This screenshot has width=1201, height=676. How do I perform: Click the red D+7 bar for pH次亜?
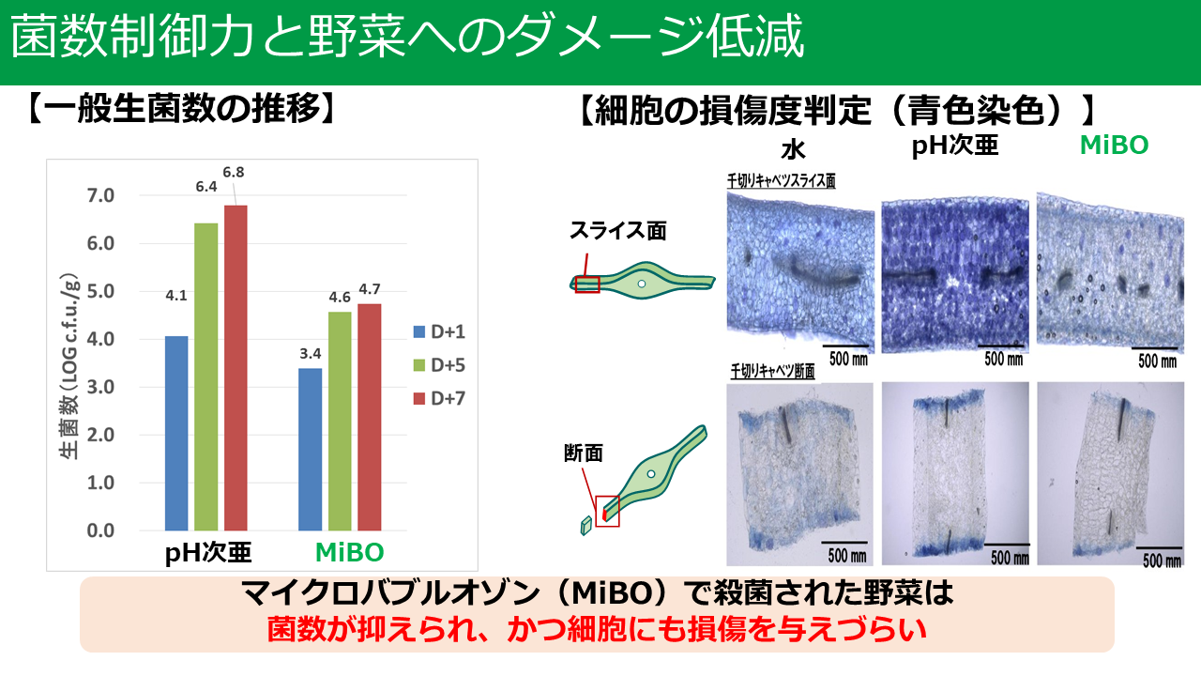(236, 367)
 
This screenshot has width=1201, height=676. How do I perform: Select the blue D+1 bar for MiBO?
(310, 450)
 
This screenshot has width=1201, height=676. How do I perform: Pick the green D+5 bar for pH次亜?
(205, 376)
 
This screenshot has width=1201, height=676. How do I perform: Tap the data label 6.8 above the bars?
(234, 172)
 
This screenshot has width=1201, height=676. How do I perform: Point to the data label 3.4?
(311, 354)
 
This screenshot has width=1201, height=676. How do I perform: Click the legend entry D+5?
(439, 365)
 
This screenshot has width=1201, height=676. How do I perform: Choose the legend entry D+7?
(439, 399)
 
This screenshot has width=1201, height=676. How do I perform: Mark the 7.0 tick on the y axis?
(100, 196)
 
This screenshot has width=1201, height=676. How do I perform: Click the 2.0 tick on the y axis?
(100, 435)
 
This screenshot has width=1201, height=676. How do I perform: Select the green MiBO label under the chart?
(350, 552)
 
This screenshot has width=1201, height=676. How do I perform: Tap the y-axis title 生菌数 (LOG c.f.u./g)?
(69, 367)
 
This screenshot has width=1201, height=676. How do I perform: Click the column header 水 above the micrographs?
(793, 149)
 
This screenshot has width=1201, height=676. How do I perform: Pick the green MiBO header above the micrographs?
(1114, 145)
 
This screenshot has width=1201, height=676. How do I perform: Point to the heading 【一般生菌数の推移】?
(181, 110)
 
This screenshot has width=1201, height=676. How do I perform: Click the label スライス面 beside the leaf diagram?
(617, 231)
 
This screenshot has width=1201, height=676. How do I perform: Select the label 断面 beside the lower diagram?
(584, 453)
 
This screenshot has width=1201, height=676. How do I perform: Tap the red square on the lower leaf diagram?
(607, 512)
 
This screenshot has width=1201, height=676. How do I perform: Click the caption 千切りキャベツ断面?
(772, 371)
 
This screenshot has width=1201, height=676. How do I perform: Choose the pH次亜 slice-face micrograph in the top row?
(955, 275)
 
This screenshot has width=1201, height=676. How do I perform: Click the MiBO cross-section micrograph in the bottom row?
(1110, 474)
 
